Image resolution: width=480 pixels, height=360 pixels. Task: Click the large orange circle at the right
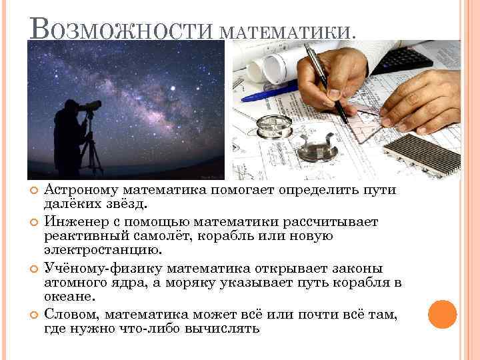tap(442, 314)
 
